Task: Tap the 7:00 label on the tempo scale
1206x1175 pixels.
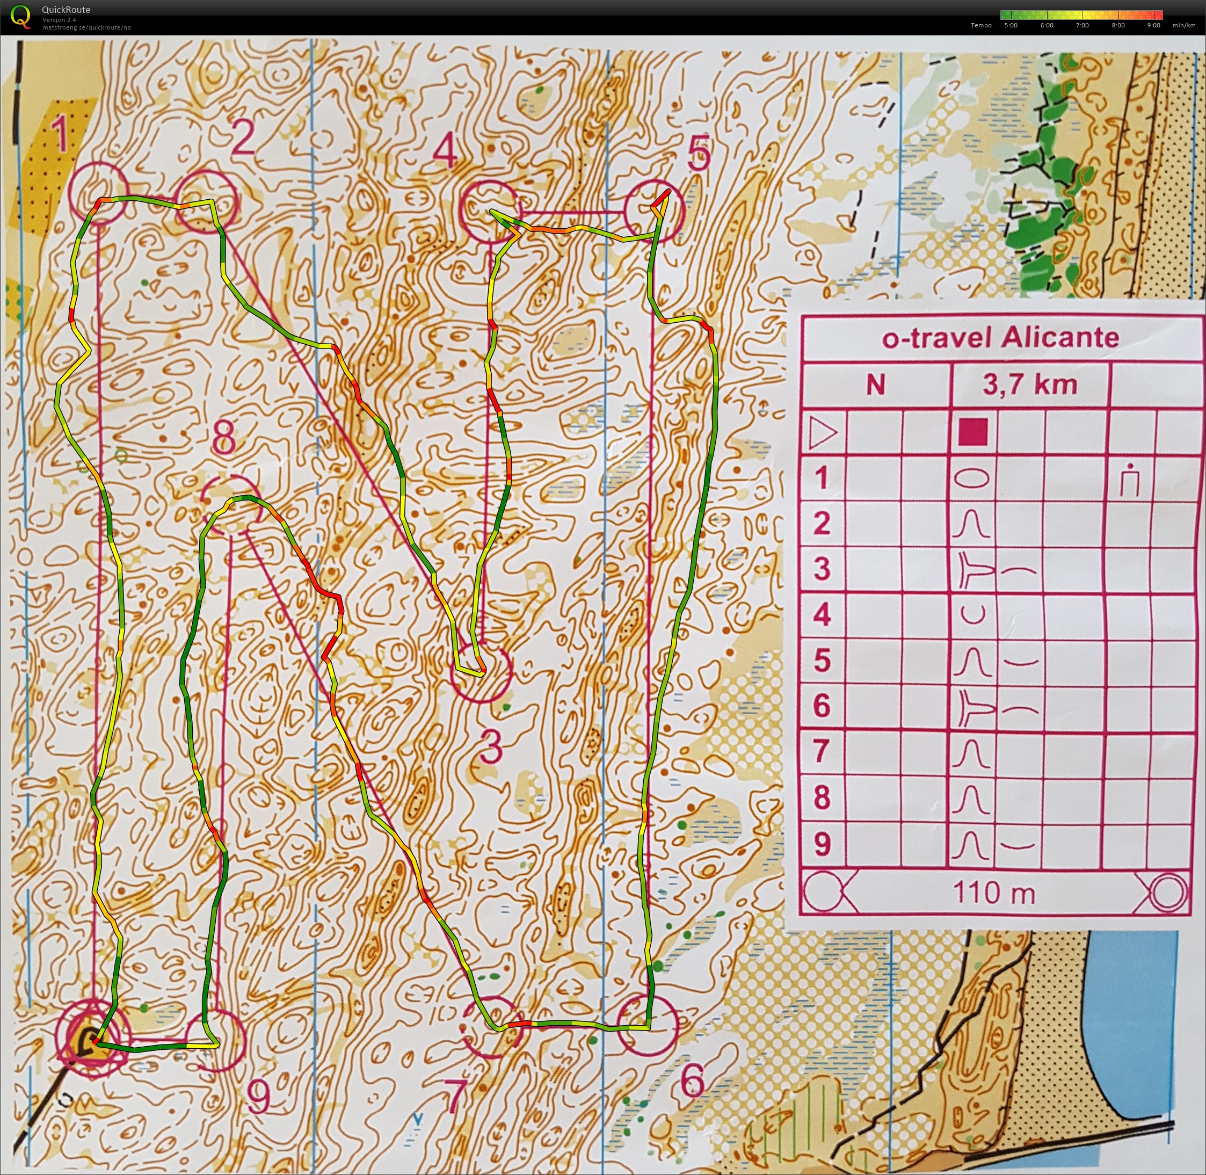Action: (1082, 25)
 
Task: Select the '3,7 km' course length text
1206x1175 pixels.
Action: (1029, 385)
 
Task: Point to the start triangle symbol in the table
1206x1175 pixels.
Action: (823, 432)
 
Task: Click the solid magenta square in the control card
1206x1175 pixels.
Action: (973, 432)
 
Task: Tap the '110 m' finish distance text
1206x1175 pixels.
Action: (994, 893)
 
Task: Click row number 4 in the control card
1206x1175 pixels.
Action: (822, 615)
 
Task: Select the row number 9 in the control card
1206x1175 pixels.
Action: (822, 844)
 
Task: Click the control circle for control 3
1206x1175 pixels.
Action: (481, 673)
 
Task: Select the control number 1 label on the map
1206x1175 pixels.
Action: (60, 135)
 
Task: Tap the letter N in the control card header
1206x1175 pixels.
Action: (875, 385)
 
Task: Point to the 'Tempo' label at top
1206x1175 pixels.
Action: (980, 25)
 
